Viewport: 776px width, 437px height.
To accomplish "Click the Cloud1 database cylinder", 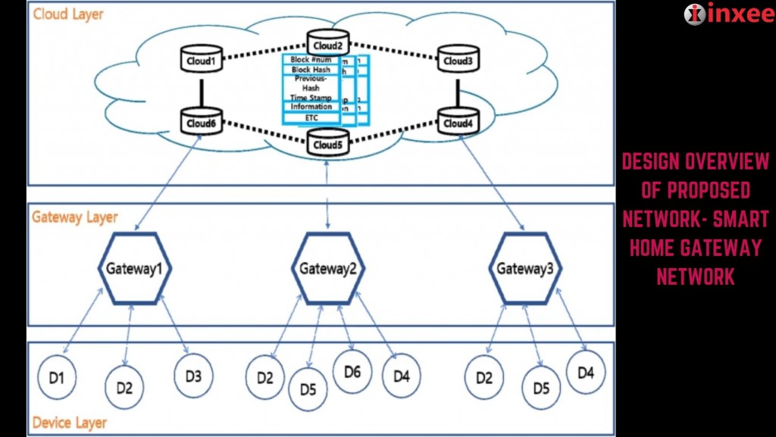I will pos(202,60).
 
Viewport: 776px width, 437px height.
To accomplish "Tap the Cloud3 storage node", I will pos(458,60).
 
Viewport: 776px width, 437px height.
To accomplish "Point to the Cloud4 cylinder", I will pos(458,122).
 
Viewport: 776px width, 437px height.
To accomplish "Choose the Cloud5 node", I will pos(327,142).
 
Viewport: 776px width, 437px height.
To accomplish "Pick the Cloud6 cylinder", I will pos(202,122).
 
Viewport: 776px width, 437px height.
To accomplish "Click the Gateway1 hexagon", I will pos(135,268).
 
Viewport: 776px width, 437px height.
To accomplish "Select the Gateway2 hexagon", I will pos(328,268).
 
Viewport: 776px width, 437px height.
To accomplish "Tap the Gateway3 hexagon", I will pos(525,268).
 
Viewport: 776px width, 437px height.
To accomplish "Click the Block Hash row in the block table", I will pos(311,70).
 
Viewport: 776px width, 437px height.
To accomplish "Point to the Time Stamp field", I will pos(311,98).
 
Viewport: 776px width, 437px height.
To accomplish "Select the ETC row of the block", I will pos(311,118).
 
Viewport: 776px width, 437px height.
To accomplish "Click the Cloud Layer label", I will pos(68,14).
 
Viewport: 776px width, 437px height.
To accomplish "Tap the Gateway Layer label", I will pos(75,217).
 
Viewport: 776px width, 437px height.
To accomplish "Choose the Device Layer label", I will pos(70,423).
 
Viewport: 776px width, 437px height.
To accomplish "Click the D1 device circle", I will pos(57,376).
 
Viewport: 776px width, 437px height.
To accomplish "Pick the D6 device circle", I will pos(352,372).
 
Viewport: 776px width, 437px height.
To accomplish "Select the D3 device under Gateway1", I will pos(193,373).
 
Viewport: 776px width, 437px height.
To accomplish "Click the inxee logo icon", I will pos(693,14).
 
